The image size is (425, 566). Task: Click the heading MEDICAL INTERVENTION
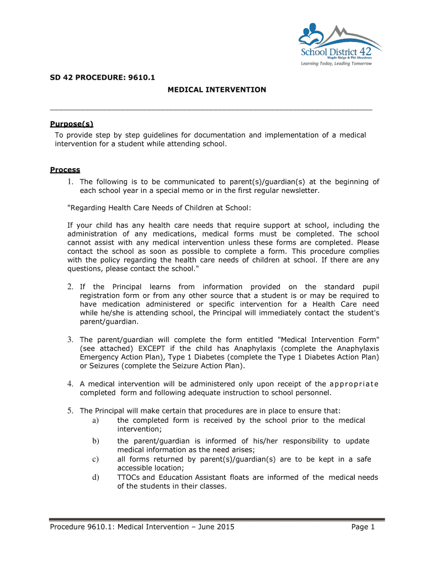pos(217,90)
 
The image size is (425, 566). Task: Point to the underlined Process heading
pos(65,170)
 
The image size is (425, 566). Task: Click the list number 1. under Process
pos(71,182)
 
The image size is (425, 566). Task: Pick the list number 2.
pos(71,287)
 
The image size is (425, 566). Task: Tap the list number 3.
pos(71,340)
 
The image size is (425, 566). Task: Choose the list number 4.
pos(71,384)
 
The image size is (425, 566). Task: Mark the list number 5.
pos(71,411)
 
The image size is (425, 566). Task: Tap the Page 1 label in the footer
pos(363,527)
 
